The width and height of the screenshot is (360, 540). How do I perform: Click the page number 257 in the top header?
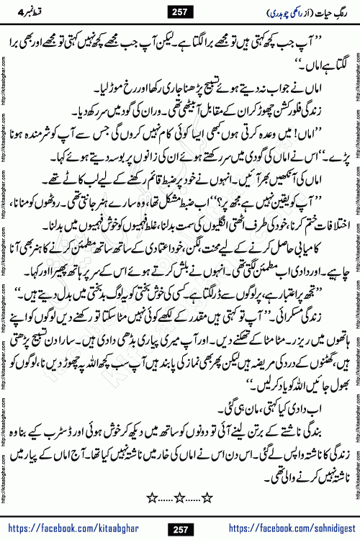pyautogui.click(x=181, y=9)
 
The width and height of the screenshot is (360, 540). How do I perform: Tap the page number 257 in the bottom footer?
pyautogui.click(x=181, y=529)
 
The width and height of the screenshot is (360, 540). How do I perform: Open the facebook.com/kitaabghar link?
pyautogui.click(x=68, y=530)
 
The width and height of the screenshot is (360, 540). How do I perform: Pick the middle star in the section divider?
pyautogui.click(x=181, y=498)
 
